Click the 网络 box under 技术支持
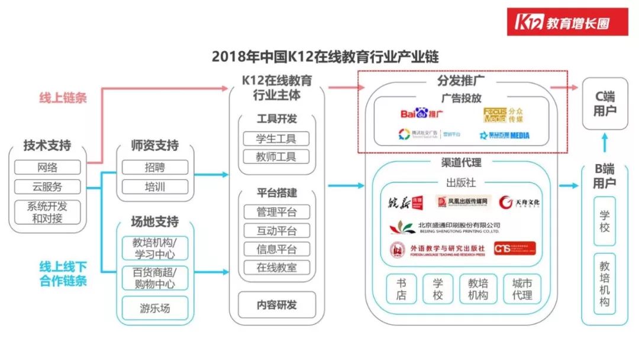[x=47, y=168]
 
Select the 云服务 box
[x=47, y=187]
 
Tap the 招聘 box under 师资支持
[x=155, y=168]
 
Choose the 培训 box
[x=155, y=187]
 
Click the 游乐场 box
[x=155, y=307]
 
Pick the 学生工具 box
[x=276, y=139]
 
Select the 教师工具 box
[x=276, y=157]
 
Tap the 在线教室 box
[x=276, y=267]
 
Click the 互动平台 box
[x=276, y=231]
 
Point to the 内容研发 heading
[x=276, y=306]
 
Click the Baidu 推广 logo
[x=421, y=113]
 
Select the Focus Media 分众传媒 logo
[x=503, y=114]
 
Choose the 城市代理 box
[x=522, y=289]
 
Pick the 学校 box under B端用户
[x=604, y=220]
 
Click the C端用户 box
[x=604, y=104]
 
